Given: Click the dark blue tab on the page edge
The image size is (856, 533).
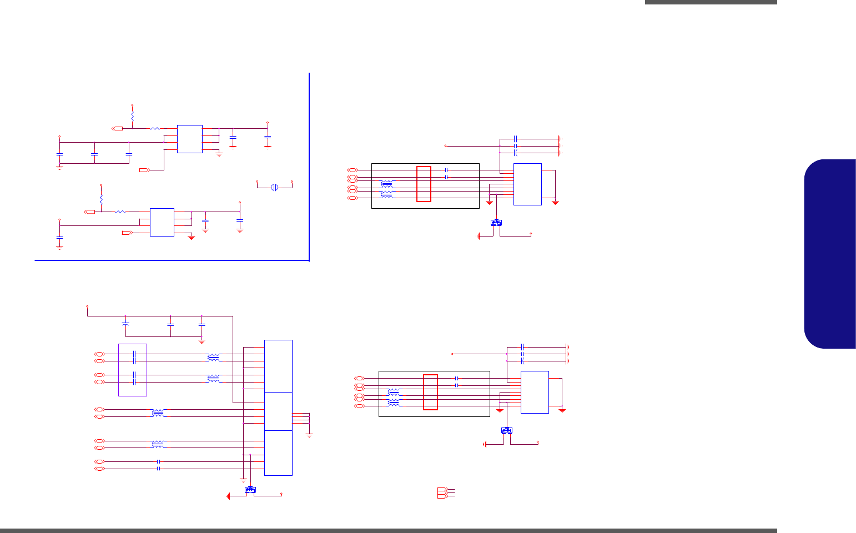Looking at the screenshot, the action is tap(830, 254).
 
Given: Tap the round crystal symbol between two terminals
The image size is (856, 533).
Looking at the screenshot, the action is tap(274, 187).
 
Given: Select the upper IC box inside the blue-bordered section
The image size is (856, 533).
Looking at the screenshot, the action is tap(189, 139).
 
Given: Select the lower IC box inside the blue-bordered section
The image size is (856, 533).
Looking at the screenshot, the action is tap(162, 222).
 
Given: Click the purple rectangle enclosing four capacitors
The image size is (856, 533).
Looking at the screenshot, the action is tap(133, 370).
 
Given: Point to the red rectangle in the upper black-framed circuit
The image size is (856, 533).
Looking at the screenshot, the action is tap(424, 184).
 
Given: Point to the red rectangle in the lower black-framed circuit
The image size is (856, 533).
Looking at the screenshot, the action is tap(430, 392).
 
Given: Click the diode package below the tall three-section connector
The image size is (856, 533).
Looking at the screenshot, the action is tap(250, 489).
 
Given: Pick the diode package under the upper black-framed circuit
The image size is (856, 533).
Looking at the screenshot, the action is tap(496, 223).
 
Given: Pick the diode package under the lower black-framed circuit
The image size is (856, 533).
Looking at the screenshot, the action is tap(507, 430).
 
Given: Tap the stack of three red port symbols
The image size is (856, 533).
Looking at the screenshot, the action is tap(442, 492).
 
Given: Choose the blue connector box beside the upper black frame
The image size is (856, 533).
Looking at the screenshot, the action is tap(527, 184).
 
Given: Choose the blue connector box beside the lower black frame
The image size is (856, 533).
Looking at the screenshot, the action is tap(535, 392).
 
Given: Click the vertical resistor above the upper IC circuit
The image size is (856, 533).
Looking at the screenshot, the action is tap(132, 117).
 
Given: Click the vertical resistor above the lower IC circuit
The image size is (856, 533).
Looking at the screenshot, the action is tap(101, 199).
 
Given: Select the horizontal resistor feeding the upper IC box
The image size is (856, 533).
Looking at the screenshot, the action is tap(155, 129).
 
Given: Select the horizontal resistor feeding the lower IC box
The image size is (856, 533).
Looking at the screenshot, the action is tap(120, 212).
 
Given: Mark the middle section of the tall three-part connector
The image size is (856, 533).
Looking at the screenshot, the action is tap(278, 411).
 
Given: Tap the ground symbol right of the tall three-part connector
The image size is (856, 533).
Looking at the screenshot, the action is tap(309, 434).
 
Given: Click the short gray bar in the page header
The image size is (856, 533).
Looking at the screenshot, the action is tap(711, 2).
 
